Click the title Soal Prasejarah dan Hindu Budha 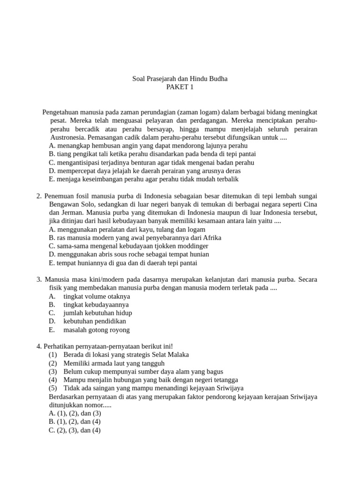pos(180,79)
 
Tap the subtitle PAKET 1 pos(180,87)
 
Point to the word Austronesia pos(68,137)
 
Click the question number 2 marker pos(39,195)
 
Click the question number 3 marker pos(39,279)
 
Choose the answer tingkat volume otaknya pos(97,296)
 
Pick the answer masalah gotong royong pos(97,330)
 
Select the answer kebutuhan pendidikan pos(95,321)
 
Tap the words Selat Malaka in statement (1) pos(171,354)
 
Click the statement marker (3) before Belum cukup pos(52,371)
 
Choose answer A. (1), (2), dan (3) pos(75,413)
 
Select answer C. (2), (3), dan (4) pos(75,430)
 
